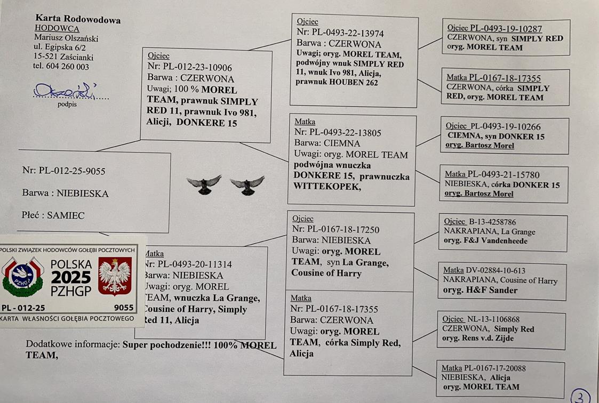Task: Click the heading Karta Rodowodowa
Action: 78,20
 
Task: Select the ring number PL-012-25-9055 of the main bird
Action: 72,171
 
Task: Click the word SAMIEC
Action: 66,215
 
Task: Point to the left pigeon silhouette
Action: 204,184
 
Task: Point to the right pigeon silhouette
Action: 247,184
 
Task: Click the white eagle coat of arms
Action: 115,276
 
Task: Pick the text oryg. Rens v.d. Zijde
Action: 484,338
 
